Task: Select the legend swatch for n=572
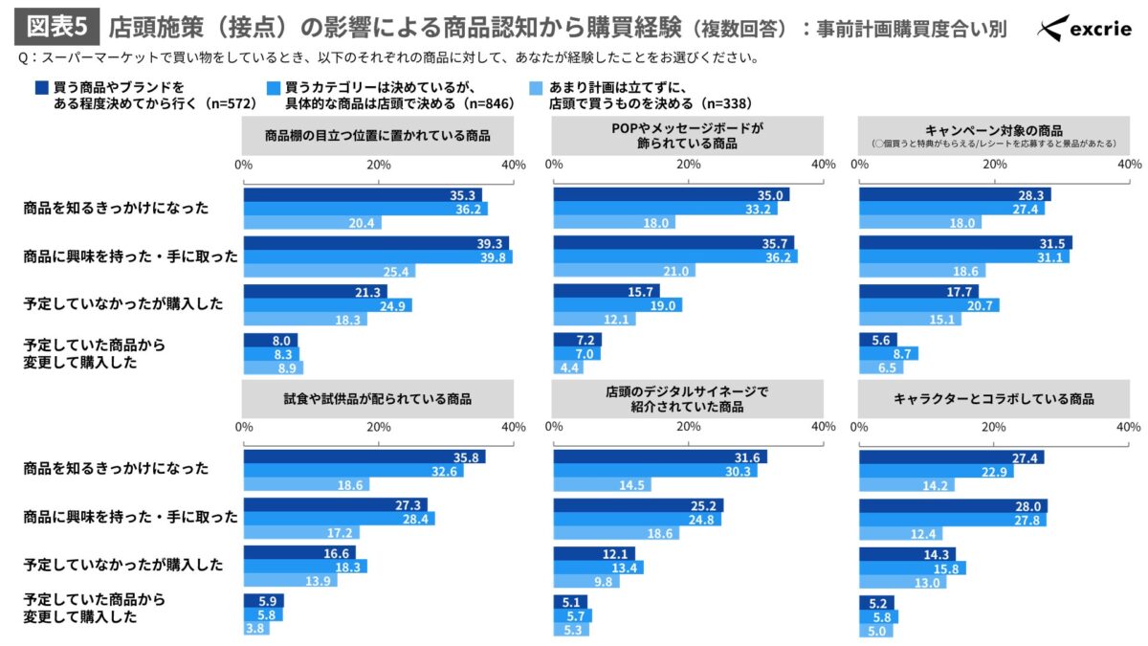[41, 87]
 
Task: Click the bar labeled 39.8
[378, 256]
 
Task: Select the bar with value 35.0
[671, 194]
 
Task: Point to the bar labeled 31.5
[965, 243]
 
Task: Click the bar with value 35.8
[364, 457]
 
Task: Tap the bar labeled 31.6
[659, 457]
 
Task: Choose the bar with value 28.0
[953, 505]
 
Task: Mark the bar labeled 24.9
[327, 305]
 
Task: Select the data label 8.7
[902, 354]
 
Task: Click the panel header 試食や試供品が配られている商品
[378, 398]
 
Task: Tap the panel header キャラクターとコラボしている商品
[993, 398]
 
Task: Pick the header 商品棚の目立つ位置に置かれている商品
[378, 136]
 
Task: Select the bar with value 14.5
[602, 484]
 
